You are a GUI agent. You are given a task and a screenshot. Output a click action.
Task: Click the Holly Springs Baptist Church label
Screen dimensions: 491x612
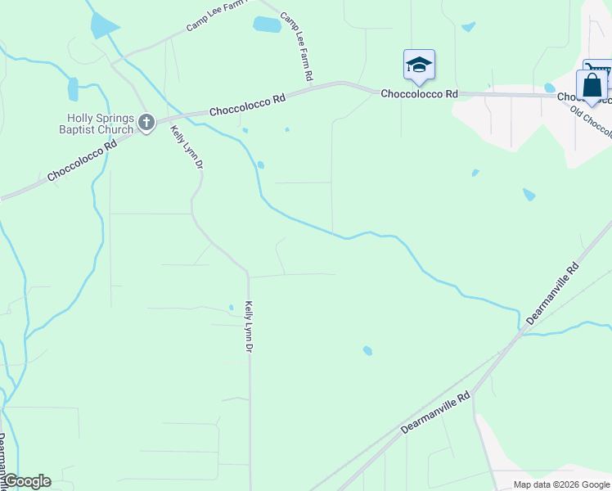[96, 123]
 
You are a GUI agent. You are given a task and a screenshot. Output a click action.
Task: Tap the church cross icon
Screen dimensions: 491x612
[146, 123]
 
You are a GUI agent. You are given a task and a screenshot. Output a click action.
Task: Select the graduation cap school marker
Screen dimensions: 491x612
[419, 65]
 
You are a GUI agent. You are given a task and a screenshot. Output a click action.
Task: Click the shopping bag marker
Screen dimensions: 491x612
[592, 85]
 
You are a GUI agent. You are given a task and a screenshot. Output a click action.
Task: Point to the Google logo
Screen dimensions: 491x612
[26, 481]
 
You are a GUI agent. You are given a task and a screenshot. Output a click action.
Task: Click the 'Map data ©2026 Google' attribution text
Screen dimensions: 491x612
[561, 484]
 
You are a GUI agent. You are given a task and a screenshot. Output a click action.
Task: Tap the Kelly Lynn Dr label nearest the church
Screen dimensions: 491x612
[187, 147]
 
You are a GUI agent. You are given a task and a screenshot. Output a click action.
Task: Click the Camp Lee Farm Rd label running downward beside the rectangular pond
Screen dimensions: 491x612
[297, 47]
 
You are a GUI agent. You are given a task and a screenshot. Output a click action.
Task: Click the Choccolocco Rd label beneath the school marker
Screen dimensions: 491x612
[419, 94]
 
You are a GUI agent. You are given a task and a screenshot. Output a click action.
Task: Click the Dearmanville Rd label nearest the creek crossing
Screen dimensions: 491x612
[553, 294]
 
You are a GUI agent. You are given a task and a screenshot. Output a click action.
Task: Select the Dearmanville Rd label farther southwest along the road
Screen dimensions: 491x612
[437, 412]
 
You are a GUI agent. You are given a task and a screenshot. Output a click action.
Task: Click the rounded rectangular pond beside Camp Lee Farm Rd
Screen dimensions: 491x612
[267, 25]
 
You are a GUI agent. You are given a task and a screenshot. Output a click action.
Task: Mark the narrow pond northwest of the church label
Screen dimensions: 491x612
[73, 88]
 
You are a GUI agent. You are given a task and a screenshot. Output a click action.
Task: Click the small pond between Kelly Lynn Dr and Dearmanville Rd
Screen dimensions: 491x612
[367, 350]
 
